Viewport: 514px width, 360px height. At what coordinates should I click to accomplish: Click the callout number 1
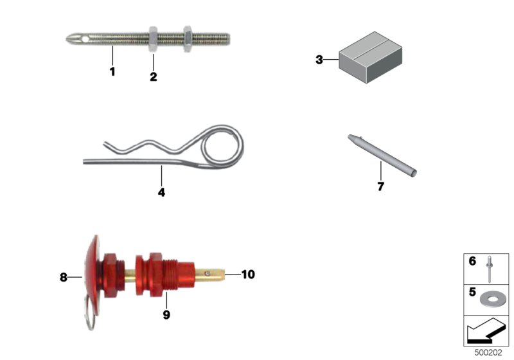(x=112, y=71)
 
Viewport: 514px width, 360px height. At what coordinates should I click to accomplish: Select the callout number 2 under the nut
(x=154, y=76)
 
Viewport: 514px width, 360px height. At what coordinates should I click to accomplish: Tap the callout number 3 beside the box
(x=319, y=60)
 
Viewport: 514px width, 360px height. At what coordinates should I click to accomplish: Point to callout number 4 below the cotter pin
(x=161, y=192)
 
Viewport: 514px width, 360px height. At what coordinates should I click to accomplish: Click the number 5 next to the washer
(x=472, y=291)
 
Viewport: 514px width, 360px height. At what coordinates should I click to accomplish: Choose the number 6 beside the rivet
(x=472, y=261)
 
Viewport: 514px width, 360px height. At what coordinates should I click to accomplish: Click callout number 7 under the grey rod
(x=380, y=186)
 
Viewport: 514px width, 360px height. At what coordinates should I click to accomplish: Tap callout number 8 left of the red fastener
(x=63, y=277)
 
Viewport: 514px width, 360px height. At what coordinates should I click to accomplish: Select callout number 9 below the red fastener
(x=166, y=315)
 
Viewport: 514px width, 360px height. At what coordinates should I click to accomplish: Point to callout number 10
(x=248, y=274)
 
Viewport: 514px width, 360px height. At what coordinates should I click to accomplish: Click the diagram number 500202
(x=488, y=352)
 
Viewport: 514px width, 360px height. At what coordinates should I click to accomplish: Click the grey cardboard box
(x=371, y=57)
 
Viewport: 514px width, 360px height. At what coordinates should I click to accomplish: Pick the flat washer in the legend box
(x=493, y=299)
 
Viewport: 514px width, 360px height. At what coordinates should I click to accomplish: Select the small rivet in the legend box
(x=490, y=269)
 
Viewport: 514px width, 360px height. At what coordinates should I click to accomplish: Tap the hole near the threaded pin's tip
(x=85, y=39)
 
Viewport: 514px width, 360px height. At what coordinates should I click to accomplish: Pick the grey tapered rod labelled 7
(x=382, y=156)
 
